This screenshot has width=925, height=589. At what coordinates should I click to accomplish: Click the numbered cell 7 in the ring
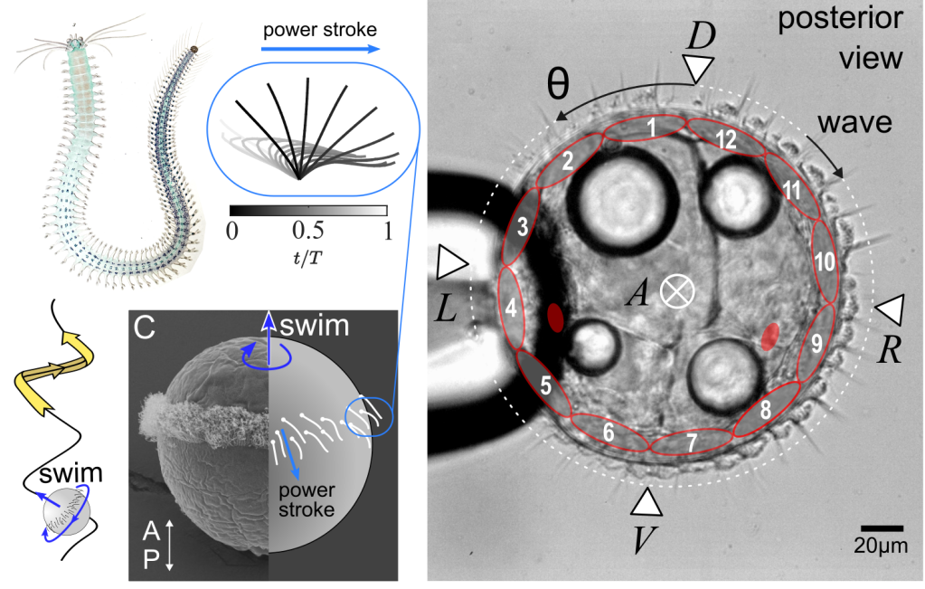[x=691, y=443]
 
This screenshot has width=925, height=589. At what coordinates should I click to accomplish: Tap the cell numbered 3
[x=522, y=228]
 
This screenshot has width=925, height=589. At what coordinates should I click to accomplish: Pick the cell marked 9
[x=816, y=342]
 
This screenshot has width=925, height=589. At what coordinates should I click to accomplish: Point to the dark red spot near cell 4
[x=554, y=317]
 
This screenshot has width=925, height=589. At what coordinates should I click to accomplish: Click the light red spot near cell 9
[x=769, y=336]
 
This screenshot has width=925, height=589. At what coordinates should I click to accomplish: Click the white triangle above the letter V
[x=647, y=503]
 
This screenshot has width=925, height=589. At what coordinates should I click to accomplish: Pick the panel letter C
[x=142, y=328]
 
